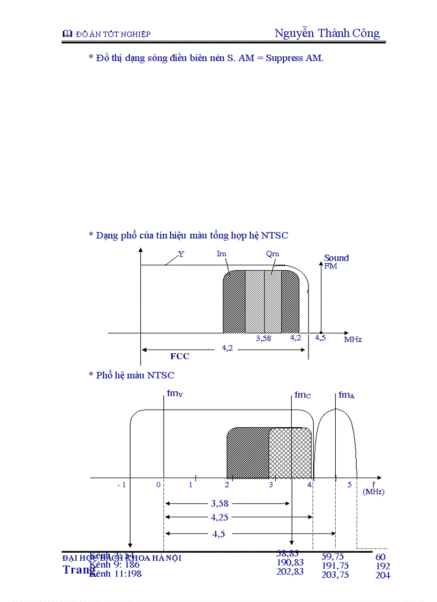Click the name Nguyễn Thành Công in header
(327, 33)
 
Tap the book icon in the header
(67, 34)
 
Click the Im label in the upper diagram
(221, 254)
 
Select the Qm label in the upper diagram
(272, 254)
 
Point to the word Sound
(336, 258)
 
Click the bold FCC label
(179, 356)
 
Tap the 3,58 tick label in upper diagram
(263, 338)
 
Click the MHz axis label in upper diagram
(353, 339)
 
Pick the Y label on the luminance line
(181, 255)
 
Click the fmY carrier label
(175, 394)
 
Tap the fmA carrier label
(346, 395)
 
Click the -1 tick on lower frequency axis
(122, 485)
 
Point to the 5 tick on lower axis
(349, 485)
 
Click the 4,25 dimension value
(221, 517)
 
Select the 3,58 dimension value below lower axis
(220, 503)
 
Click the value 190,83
(290, 562)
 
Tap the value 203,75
(335, 575)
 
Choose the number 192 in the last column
(383, 566)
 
